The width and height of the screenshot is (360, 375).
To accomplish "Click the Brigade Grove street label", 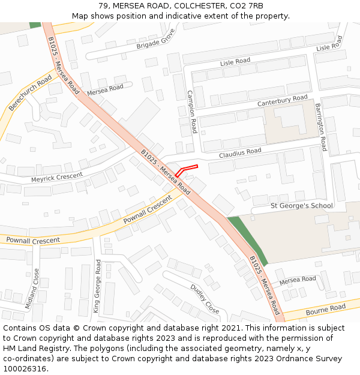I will coord(155,39).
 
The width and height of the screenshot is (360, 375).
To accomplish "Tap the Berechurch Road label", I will coord(31,93).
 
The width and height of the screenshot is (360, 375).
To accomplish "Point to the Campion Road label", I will coord(192,112).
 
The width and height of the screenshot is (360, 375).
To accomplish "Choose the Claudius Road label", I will coord(240,153).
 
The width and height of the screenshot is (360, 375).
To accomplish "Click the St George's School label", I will coord(301,206).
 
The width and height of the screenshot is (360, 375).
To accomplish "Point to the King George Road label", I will coord(97,290).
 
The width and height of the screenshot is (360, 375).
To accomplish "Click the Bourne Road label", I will coord(325,310).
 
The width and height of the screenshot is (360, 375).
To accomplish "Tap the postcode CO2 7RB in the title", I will coord(247,6).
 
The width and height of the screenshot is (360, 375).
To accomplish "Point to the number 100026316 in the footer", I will coord(26,369).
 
